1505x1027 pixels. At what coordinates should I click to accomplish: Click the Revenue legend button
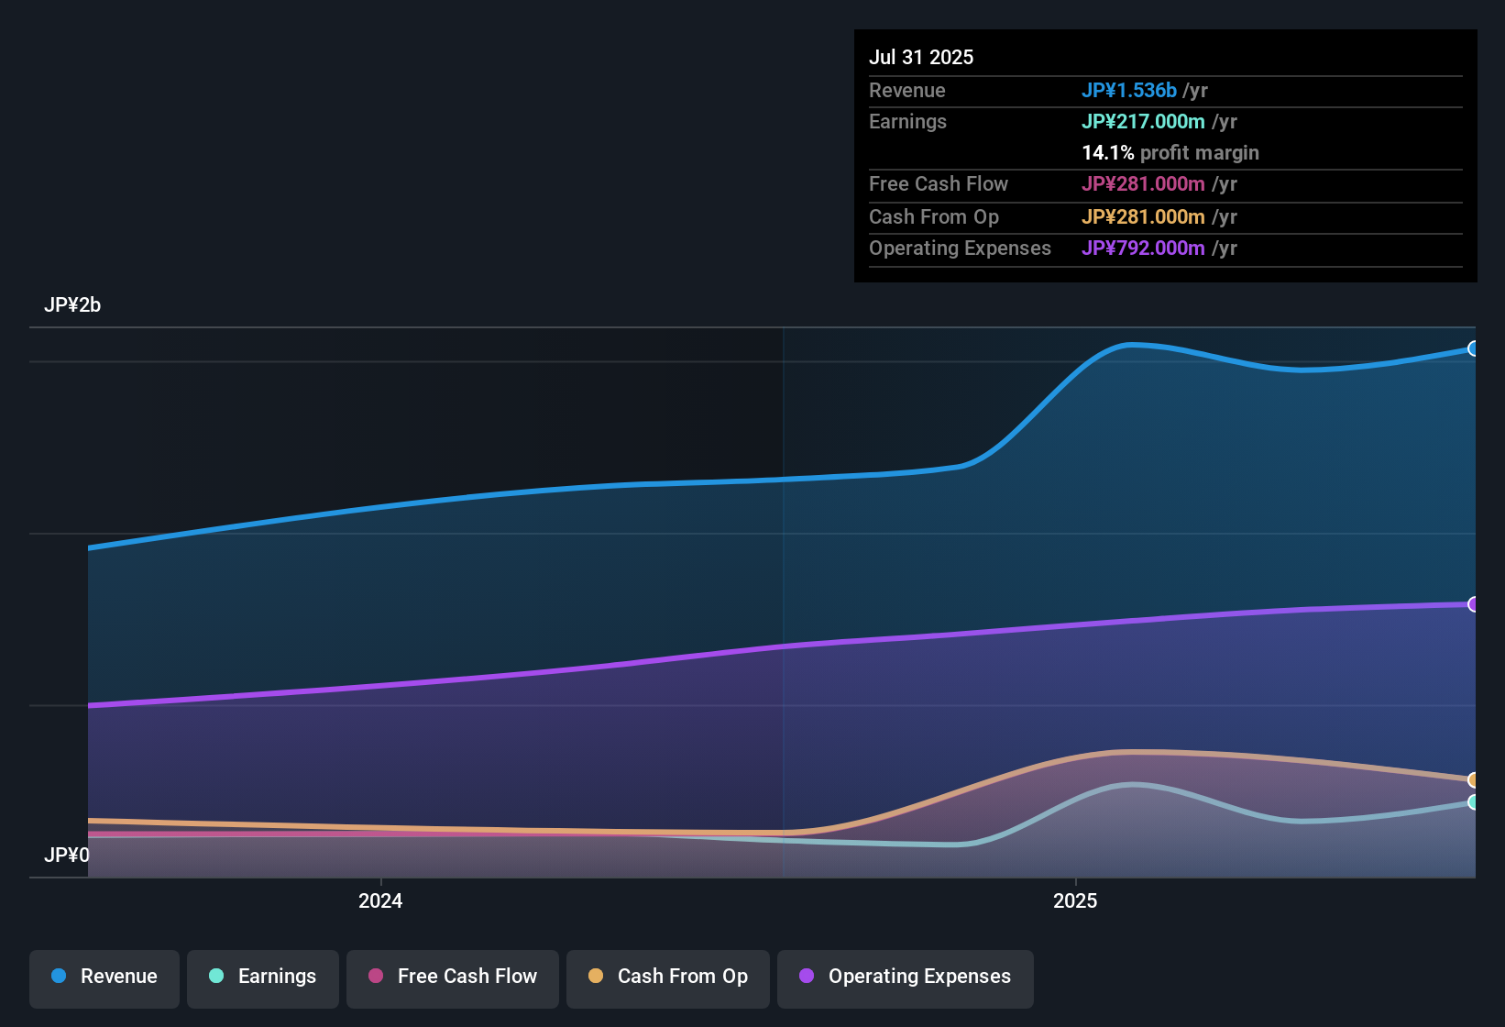[104, 977]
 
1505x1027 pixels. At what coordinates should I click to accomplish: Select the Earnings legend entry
[263, 977]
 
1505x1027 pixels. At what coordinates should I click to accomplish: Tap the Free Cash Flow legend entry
[453, 977]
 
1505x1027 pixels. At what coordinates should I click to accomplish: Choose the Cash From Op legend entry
[668, 977]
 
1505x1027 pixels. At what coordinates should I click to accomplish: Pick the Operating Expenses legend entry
[906, 977]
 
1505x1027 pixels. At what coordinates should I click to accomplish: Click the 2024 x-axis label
[380, 901]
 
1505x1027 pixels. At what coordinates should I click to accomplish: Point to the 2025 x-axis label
[1075, 901]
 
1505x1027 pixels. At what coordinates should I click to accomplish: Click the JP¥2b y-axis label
[72, 305]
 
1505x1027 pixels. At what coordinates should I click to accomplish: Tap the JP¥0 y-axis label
[67, 856]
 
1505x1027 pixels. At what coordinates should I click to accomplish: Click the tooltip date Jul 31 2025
[921, 57]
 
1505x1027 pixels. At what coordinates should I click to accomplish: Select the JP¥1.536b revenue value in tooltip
[1128, 91]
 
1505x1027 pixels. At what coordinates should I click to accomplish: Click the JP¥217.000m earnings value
[1143, 122]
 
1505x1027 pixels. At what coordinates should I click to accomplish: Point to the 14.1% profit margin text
[1170, 153]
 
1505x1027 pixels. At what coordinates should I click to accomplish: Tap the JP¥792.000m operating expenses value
[1143, 248]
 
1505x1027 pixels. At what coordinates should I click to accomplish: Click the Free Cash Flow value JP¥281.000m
[1143, 184]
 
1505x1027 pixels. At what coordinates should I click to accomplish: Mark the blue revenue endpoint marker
[1473, 348]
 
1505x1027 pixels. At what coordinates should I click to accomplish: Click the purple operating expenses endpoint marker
[1473, 604]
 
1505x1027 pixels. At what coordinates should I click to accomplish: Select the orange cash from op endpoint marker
[1473, 780]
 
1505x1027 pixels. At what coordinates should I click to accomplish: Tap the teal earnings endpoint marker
[1473, 802]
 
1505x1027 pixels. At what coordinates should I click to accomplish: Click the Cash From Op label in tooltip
[934, 217]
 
